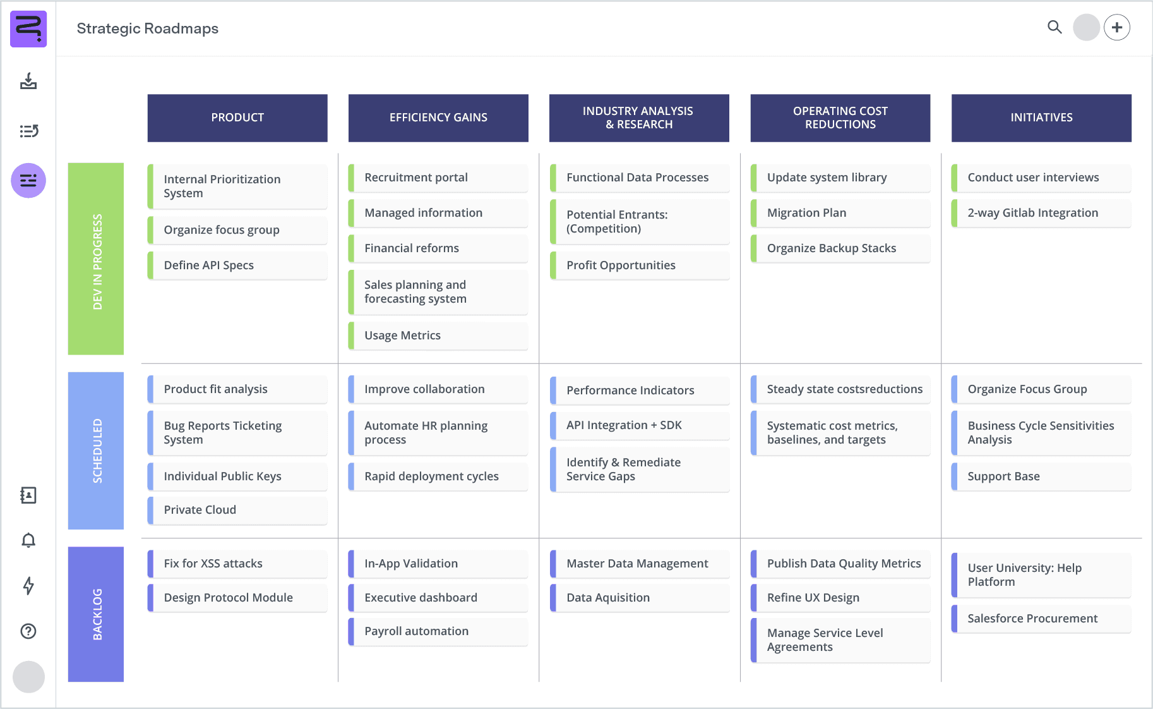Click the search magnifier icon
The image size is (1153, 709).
pyautogui.click(x=1054, y=27)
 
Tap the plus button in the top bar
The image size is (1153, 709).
pyautogui.click(x=1117, y=27)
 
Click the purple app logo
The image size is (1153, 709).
pyautogui.click(x=28, y=28)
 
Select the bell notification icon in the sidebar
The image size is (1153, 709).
pyautogui.click(x=28, y=540)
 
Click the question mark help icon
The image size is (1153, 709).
pyautogui.click(x=28, y=631)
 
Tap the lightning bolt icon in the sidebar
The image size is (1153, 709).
pyautogui.click(x=28, y=586)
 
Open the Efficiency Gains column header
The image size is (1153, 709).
pyautogui.click(x=438, y=118)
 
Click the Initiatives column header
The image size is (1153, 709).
pyautogui.click(x=1041, y=118)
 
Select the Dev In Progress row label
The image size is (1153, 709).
pyautogui.click(x=96, y=259)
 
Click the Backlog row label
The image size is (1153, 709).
pyautogui.click(x=96, y=614)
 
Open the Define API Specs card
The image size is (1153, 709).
pyautogui.click(x=237, y=265)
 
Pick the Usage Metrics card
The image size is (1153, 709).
pyautogui.click(x=438, y=336)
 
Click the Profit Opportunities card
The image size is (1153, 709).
pyautogui.click(x=639, y=265)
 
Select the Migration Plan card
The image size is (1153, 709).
pyautogui.click(x=840, y=213)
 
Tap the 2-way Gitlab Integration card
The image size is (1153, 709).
pyautogui.click(x=1041, y=213)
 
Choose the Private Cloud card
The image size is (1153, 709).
pyautogui.click(x=237, y=510)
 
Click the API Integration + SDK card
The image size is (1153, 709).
pyautogui.click(x=639, y=425)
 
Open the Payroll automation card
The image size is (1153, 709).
pyautogui.click(x=438, y=631)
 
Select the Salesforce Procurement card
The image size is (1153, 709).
pyautogui.click(x=1041, y=619)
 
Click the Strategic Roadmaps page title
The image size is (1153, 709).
pyautogui.click(x=148, y=28)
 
